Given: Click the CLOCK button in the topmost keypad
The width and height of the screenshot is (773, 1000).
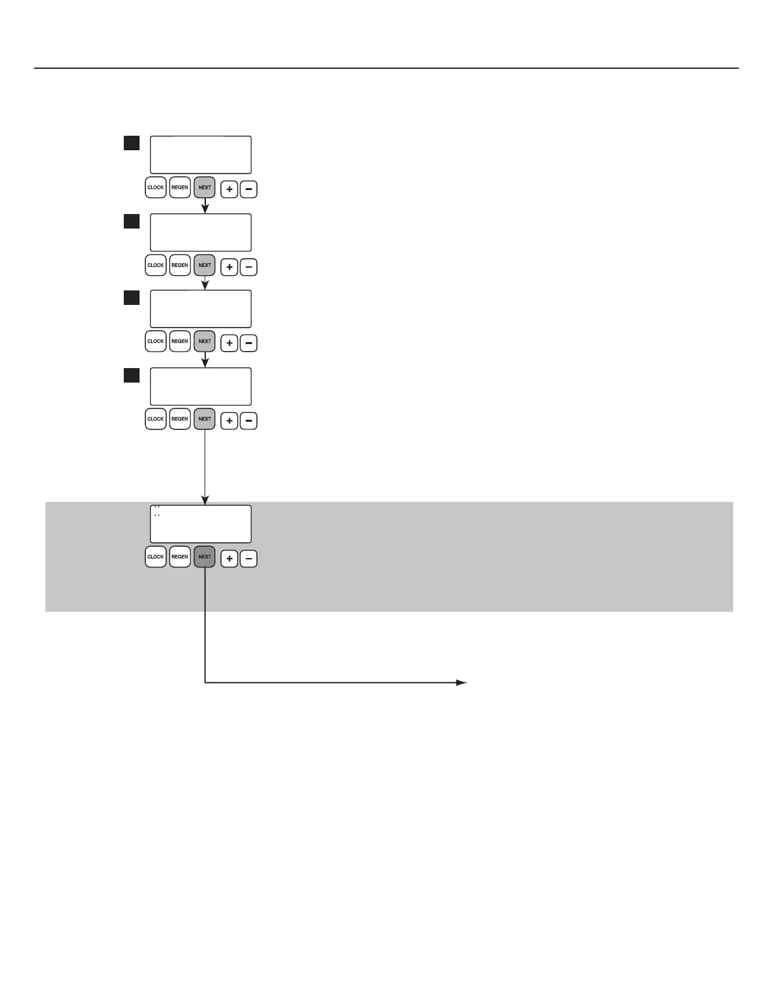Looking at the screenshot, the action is point(155,187).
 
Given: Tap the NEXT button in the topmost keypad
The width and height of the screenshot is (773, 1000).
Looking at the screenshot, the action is point(205,187).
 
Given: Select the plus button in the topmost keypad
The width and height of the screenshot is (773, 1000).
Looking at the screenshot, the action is point(229,189).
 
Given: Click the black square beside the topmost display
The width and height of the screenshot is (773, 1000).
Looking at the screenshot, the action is point(131,143).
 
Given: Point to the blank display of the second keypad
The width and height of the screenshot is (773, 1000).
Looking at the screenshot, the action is point(200,232).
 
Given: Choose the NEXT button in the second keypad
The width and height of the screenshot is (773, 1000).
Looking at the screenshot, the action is point(205,265).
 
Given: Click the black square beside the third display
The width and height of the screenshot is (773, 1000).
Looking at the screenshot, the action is point(131,298).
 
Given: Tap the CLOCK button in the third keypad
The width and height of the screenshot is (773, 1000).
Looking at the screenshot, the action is point(155,342).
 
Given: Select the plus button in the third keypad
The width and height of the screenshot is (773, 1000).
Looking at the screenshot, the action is point(229,343).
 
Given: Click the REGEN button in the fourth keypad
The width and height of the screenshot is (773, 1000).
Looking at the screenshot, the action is point(180,419).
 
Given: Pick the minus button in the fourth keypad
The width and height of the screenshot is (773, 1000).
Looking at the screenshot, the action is point(249,421).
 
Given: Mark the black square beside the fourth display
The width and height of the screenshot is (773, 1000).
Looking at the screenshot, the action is point(131,376).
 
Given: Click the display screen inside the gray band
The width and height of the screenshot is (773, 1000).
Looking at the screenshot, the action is point(200,524).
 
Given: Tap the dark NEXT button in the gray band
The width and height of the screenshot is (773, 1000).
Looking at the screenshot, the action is point(205,557).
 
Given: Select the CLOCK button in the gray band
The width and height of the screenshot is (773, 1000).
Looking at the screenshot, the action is point(155,557).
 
